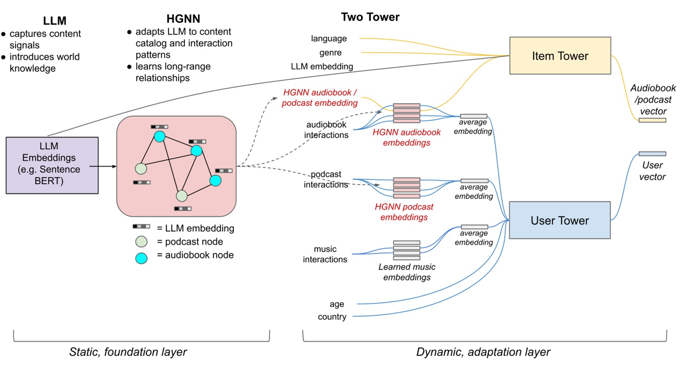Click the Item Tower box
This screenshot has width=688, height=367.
[x=560, y=56]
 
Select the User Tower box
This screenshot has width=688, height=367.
[x=559, y=221]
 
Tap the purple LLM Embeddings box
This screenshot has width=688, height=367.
[x=52, y=165]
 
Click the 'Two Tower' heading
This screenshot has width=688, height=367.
[x=370, y=17]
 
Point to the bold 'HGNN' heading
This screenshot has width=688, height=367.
[x=183, y=19]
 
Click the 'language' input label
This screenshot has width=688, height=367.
[x=329, y=39]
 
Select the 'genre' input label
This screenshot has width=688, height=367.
[x=331, y=53]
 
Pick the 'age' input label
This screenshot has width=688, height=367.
[x=337, y=304]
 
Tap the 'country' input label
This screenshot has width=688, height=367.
[x=332, y=317]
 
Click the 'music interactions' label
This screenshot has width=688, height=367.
[x=325, y=255]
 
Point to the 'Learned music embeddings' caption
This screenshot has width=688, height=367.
[x=407, y=272]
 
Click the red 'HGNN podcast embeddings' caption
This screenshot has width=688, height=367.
[x=404, y=212]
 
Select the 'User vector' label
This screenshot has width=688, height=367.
[x=652, y=171]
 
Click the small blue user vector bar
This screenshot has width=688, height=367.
[x=652, y=154]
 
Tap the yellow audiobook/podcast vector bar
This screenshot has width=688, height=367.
[x=652, y=120]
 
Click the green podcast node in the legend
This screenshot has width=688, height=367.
[x=141, y=242]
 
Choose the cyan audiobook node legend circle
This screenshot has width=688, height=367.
[x=141, y=258]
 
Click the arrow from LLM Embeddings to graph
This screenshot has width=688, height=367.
[x=104, y=166]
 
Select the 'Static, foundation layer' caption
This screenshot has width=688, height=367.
[x=128, y=352]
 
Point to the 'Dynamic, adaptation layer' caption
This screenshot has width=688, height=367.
[x=483, y=352]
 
